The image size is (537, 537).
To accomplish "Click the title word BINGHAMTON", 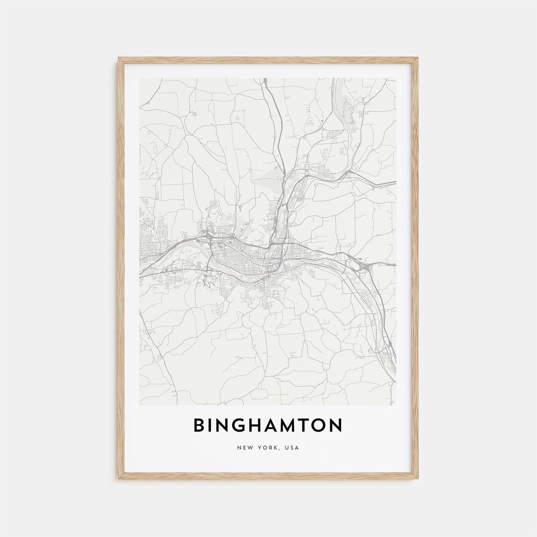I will (268, 425).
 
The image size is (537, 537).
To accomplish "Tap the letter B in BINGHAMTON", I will (199, 425).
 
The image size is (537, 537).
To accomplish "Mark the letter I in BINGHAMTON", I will (210, 425).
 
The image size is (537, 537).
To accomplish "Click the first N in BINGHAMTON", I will (223, 425).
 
